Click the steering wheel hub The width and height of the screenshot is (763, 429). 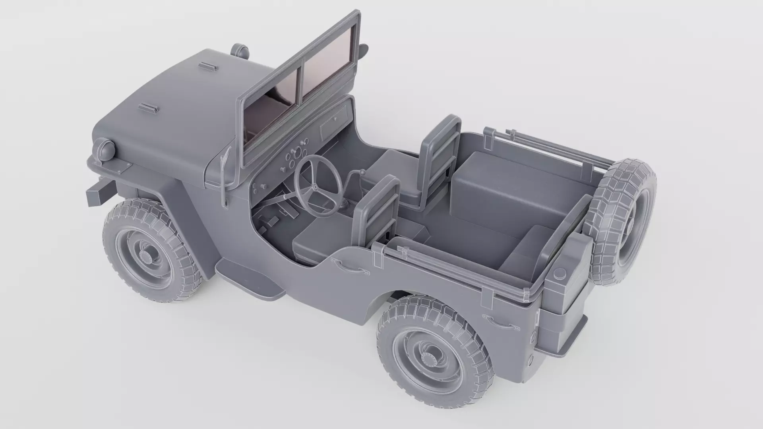coord(315,187)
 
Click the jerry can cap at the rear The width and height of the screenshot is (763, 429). coord(560,273)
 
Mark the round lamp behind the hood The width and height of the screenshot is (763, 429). coord(240,50)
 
